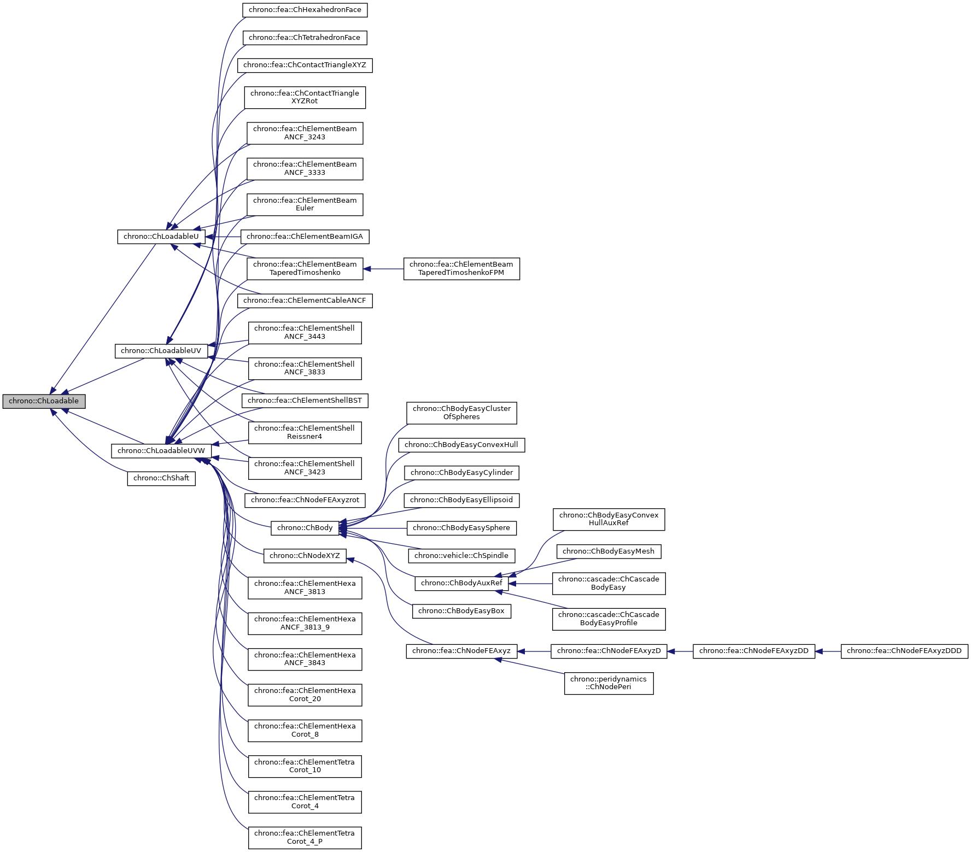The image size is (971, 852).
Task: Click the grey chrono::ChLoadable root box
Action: pyautogui.click(x=44, y=401)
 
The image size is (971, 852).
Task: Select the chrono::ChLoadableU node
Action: pyautogui.click(x=161, y=237)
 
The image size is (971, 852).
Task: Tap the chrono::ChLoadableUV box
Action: pyautogui.click(x=161, y=351)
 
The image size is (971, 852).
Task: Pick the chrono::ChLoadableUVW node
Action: pyautogui.click(x=161, y=451)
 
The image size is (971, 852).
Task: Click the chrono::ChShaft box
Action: pyautogui.click(x=161, y=478)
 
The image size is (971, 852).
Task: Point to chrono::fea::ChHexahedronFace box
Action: pyautogui.click(x=305, y=10)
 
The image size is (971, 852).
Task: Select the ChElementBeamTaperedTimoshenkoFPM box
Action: pyautogui.click(x=461, y=269)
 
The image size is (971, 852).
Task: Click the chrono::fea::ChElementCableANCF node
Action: pyautogui.click(x=305, y=301)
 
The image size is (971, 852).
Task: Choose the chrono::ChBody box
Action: pyautogui.click(x=305, y=528)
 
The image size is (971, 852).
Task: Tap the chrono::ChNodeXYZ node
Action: pyautogui.click(x=305, y=556)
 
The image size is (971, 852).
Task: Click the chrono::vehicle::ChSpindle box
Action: pyautogui.click(x=461, y=556)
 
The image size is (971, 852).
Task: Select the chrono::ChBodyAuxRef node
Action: pyautogui.click(x=461, y=583)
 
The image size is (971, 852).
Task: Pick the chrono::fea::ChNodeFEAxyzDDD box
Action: pyautogui.click(x=904, y=651)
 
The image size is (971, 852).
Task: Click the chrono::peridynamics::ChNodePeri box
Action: pyautogui.click(x=609, y=683)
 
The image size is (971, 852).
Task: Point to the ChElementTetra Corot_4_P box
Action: pyautogui.click(x=305, y=837)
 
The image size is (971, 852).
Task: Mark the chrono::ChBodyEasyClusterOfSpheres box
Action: pyautogui.click(x=461, y=413)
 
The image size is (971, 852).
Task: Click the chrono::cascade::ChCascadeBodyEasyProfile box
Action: pyautogui.click(x=609, y=619)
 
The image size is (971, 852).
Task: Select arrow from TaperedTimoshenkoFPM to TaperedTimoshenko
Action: pyautogui.click(x=383, y=269)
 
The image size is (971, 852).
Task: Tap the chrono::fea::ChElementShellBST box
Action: pyautogui.click(x=305, y=401)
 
